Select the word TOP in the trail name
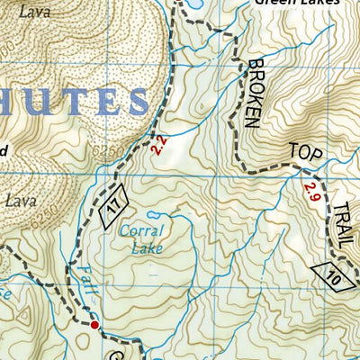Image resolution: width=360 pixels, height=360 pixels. (303, 153)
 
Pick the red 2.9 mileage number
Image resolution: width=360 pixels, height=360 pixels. (310, 191)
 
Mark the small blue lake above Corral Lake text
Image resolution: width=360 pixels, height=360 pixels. (153, 215)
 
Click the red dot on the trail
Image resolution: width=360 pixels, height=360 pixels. (94, 324)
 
